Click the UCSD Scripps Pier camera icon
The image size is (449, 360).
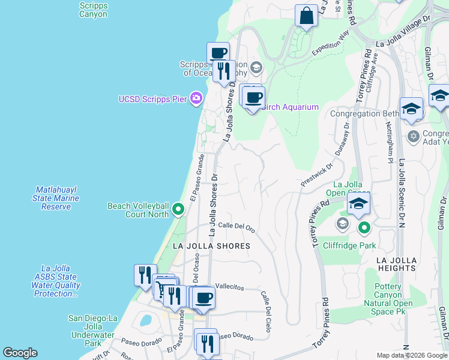[x=196, y=98]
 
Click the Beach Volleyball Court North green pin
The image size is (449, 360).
[x=178, y=209]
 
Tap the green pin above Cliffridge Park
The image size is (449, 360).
[x=364, y=228]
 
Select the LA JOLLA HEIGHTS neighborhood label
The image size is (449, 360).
[x=396, y=264]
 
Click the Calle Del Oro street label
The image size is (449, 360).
[x=237, y=226]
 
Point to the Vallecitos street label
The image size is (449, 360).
[x=230, y=286]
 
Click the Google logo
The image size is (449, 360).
[x=20, y=353]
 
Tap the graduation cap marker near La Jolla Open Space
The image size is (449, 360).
[x=358, y=203]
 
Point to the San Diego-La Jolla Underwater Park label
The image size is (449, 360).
[x=93, y=331]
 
